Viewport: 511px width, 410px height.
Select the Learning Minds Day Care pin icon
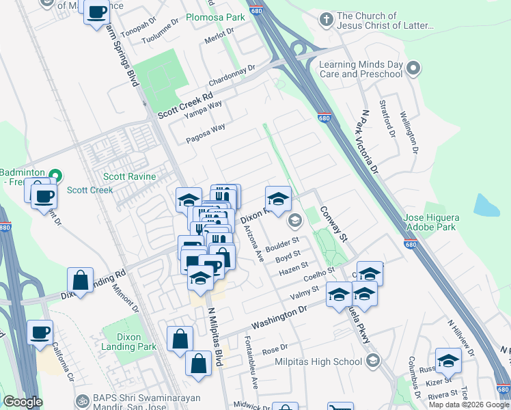click(x=413, y=68)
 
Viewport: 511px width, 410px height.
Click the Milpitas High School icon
click(x=372, y=361)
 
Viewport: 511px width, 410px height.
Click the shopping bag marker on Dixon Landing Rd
click(x=81, y=280)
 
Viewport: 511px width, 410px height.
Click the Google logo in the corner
click(x=23, y=402)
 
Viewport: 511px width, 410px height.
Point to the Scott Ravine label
click(x=129, y=176)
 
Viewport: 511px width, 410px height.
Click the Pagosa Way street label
click(x=206, y=133)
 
